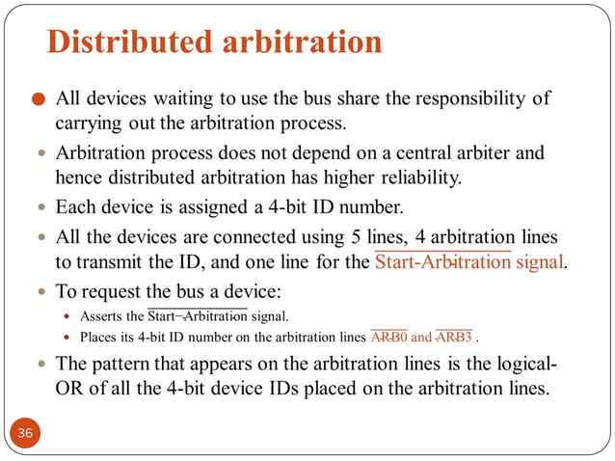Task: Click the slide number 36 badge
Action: click(24, 433)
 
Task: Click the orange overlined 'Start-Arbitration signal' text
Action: click(468, 261)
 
